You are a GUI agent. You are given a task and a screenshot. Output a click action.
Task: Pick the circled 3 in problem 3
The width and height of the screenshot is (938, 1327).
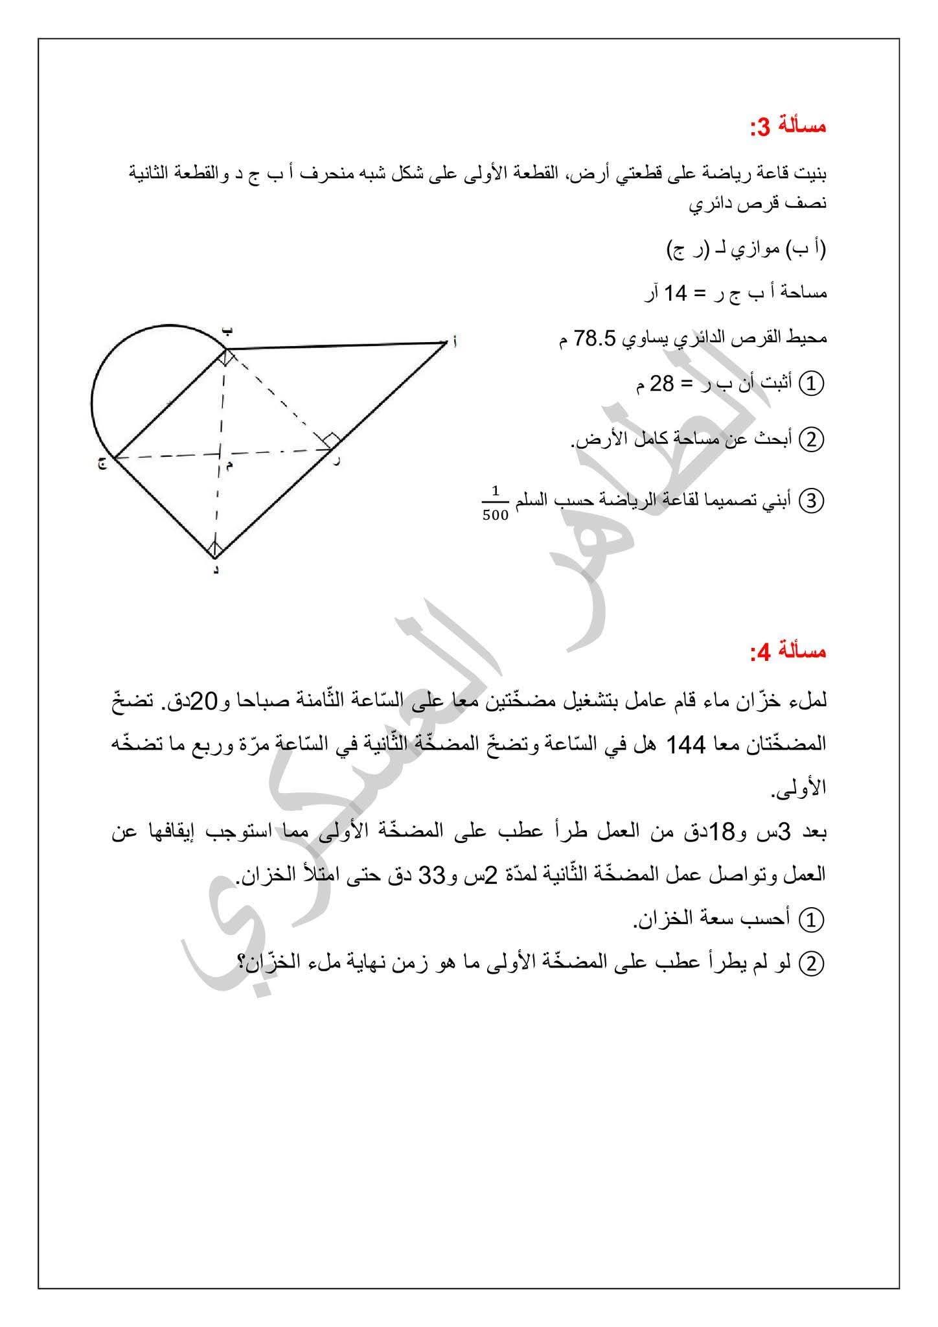pos(812,501)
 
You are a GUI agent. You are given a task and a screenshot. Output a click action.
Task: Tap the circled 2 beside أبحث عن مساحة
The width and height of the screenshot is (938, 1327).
pos(812,441)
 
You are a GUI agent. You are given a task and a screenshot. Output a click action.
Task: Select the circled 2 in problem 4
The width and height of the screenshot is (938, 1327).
pos(812,964)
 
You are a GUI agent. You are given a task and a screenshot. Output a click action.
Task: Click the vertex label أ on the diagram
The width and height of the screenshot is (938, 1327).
pos(454,341)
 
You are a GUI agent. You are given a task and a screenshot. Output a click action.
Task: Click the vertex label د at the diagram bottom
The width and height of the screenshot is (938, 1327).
pos(215,569)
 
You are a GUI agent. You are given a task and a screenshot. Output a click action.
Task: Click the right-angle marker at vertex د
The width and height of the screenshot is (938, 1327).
pos(215,549)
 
